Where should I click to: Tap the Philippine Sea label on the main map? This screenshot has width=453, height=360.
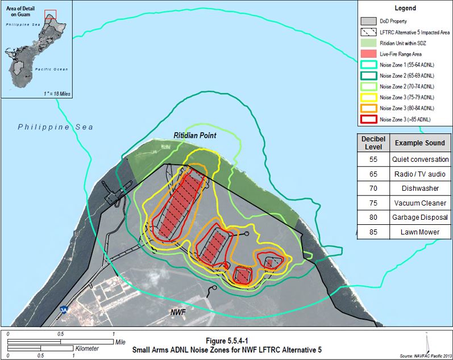pyautogui.click(x=55, y=127)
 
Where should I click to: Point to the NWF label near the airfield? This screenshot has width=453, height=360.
pyautogui.click(x=178, y=312)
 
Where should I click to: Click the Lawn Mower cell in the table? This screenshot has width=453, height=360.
pyautogui.click(x=421, y=232)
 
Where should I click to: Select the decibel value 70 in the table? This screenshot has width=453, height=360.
pyautogui.click(x=373, y=188)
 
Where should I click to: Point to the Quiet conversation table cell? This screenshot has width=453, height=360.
pyautogui.click(x=421, y=160)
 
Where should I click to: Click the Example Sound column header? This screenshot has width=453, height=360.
pyautogui.click(x=421, y=142)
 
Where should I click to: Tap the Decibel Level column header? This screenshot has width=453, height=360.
pyautogui.click(x=373, y=142)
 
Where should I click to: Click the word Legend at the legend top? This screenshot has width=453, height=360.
pyautogui.click(x=404, y=9)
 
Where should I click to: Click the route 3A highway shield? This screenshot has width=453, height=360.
pyautogui.click(x=63, y=310)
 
